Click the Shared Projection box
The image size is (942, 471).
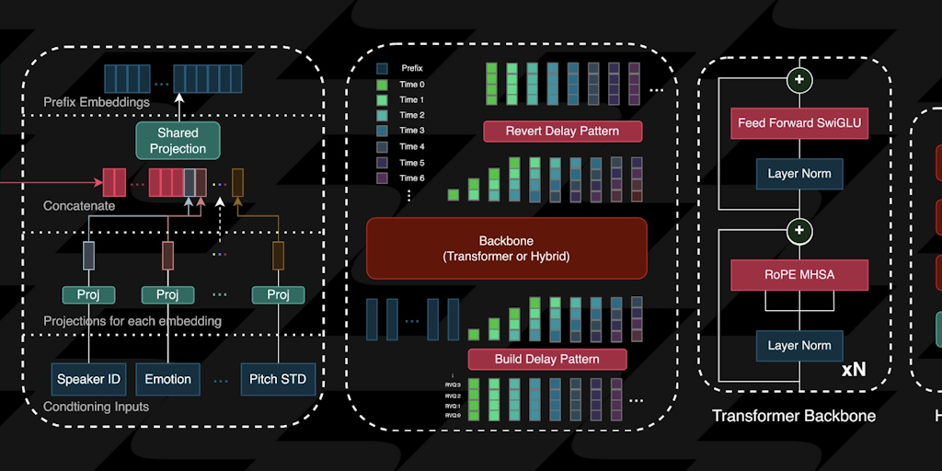tap(178, 140)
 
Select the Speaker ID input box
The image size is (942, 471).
tap(88, 378)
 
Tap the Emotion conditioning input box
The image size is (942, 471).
tap(167, 378)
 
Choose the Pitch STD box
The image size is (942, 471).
tap(278, 378)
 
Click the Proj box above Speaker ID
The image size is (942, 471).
tap(88, 294)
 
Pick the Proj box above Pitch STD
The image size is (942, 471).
tap(278, 294)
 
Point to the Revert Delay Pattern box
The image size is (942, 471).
tap(562, 131)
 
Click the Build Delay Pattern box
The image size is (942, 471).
tap(546, 359)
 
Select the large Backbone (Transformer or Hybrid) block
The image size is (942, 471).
tap(506, 247)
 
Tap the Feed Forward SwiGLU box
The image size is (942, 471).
tap(799, 122)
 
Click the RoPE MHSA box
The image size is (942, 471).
tap(799, 273)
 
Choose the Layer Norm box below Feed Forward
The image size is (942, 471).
tap(799, 173)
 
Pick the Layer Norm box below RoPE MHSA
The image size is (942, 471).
tap(799, 345)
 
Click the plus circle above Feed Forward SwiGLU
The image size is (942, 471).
tap(799, 80)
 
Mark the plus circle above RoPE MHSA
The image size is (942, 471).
tap(799, 229)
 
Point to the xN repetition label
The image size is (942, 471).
tap(853, 370)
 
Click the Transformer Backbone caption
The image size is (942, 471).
tap(794, 416)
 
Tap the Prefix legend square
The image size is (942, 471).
tap(382, 68)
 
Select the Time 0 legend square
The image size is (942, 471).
tap(382, 84)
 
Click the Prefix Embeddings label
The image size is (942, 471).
tap(97, 102)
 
